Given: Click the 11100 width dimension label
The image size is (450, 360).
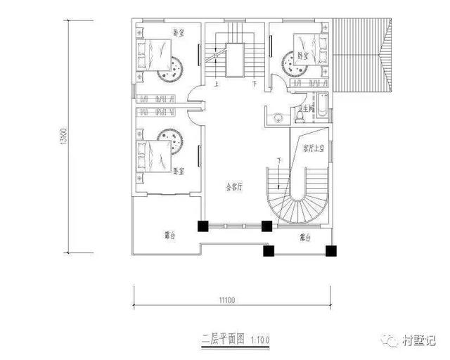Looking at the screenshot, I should click(x=225, y=300).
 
